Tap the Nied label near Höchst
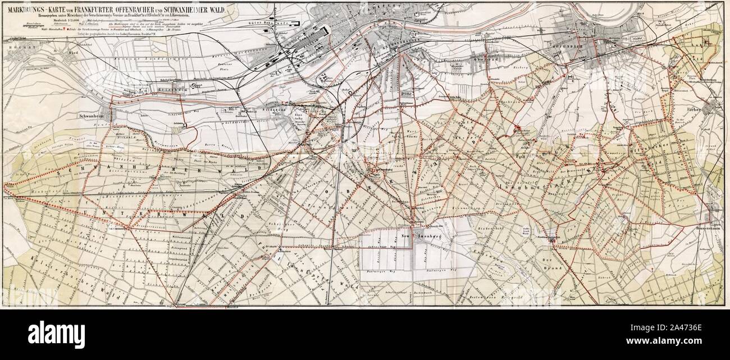[56, 54]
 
